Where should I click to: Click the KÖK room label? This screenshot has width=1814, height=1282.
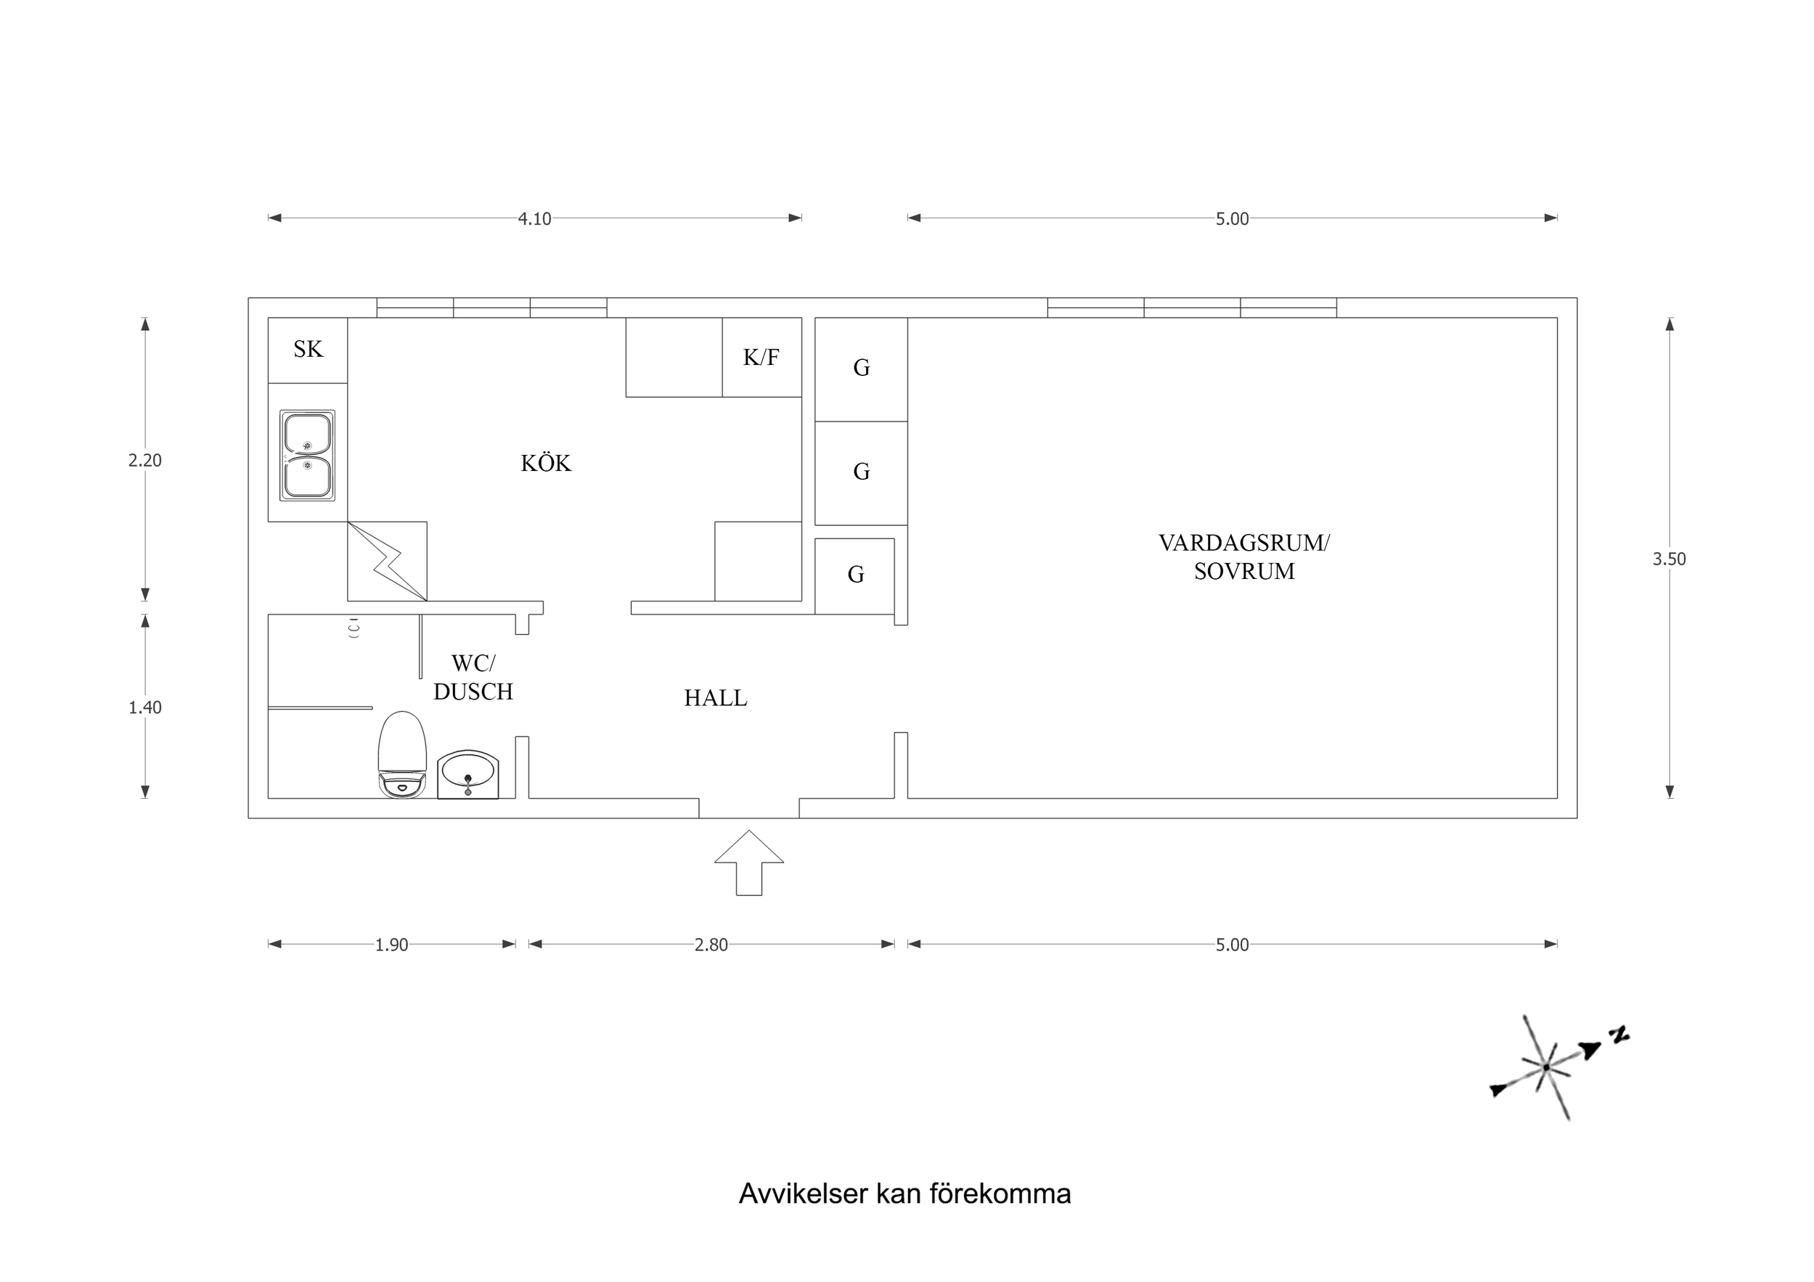click(545, 463)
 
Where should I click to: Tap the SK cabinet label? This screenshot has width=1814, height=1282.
click(308, 349)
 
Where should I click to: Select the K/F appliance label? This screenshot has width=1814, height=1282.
click(761, 358)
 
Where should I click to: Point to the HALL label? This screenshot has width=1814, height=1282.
click(715, 698)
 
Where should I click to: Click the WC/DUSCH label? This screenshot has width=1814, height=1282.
click(473, 678)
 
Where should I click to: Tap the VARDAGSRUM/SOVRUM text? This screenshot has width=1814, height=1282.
click(1243, 557)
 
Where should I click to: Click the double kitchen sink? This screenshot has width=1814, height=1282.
click(307, 455)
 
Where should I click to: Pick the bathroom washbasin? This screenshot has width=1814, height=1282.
click(467, 774)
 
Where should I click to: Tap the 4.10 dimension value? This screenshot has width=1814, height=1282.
click(534, 219)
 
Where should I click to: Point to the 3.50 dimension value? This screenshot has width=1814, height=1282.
click(1669, 559)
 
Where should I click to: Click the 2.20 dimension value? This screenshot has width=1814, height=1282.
click(144, 461)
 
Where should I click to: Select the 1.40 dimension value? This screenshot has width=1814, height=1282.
click(144, 707)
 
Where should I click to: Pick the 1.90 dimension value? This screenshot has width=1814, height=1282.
click(391, 945)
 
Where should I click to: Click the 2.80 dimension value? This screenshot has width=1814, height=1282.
click(710, 945)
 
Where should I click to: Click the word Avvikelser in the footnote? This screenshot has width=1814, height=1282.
click(803, 1193)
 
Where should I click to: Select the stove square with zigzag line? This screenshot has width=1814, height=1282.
click(387, 562)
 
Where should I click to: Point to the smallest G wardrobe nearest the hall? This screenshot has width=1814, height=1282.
click(855, 575)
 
